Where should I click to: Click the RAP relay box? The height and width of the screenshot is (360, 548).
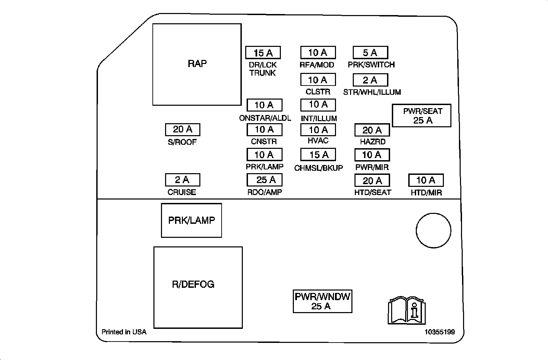[x=197, y=64]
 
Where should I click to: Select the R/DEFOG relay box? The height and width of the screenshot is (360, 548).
[x=198, y=287]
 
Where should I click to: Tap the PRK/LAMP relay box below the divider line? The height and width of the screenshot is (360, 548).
[x=191, y=220]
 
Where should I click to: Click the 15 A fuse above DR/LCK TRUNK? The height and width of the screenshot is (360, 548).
[x=263, y=53]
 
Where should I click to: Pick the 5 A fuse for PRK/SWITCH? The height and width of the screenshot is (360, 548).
[x=370, y=53]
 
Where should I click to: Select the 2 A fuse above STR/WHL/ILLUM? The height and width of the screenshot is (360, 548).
[x=370, y=80]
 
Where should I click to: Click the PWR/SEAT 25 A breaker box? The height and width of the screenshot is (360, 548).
[x=422, y=116]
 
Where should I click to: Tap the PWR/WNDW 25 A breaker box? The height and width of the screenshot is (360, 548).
[x=322, y=301]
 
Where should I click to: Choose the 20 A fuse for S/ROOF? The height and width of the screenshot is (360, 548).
[x=183, y=129]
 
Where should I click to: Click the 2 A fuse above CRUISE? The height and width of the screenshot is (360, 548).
[x=183, y=180]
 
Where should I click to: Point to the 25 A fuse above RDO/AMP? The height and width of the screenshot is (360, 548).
[x=264, y=180]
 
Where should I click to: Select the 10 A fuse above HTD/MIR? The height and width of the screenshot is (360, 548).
[x=426, y=180]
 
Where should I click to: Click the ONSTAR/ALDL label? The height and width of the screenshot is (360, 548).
[x=265, y=118]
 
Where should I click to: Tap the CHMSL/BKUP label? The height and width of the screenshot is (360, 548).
[x=319, y=168]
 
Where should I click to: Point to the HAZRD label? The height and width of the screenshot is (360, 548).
[x=373, y=142]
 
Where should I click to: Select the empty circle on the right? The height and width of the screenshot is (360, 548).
[x=433, y=230]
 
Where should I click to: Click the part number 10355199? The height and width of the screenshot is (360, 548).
[x=440, y=332]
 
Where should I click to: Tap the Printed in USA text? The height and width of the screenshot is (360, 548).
[x=124, y=332]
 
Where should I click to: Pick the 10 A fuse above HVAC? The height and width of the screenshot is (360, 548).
[x=318, y=130]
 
